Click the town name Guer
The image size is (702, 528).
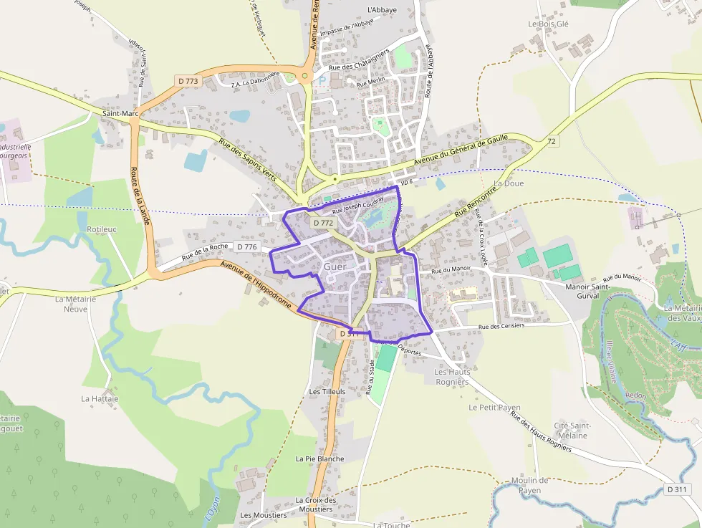(335, 267)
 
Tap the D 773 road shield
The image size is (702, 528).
(187, 81)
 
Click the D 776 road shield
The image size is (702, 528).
(246, 247)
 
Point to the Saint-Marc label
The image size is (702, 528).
(120, 113)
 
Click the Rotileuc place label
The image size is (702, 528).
(101, 229)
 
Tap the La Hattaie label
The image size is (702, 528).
(100, 398)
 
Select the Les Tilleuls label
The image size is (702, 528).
(327, 392)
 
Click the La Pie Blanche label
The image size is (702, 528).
(319, 459)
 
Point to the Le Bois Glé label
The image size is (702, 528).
(548, 24)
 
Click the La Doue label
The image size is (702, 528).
(509, 183)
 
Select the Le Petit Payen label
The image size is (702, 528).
(494, 407)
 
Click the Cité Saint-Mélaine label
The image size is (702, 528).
(571, 431)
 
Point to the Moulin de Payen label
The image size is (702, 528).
(530, 485)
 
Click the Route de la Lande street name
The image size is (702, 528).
(140, 196)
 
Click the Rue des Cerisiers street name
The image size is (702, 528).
(501, 326)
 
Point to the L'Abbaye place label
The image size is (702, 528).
(382, 10)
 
